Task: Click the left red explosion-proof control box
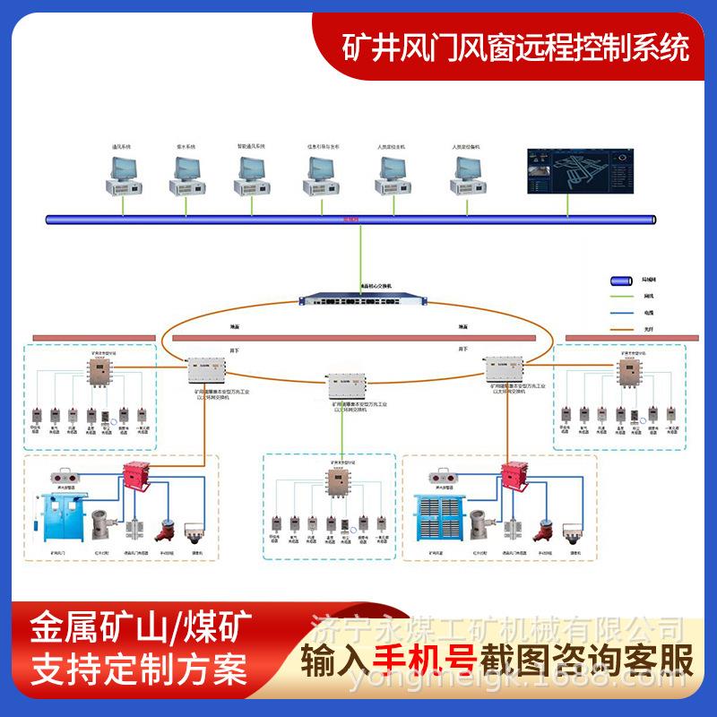coord(135,474)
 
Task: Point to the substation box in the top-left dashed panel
coord(95,368)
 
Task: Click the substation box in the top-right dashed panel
coord(628,368)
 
